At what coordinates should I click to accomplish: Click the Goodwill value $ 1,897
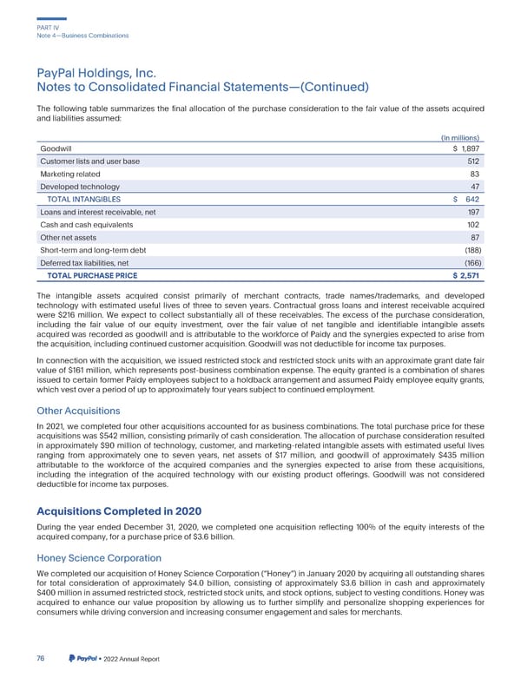tap(467, 148)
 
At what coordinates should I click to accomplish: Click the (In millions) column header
tap(462, 136)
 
